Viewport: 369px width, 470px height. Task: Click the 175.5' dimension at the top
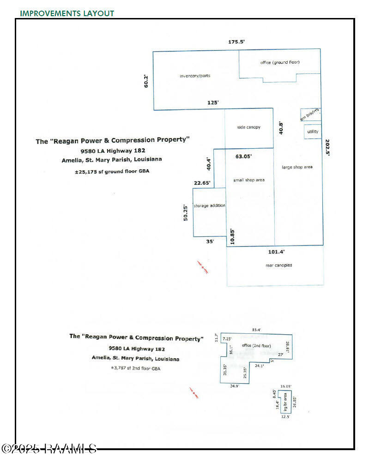pos(236,42)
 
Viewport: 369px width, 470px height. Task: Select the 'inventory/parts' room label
pos(195,76)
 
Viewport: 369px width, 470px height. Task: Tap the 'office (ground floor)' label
pos(280,62)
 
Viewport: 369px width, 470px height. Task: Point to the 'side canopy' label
pos(248,127)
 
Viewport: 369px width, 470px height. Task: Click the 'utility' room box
pos(313,132)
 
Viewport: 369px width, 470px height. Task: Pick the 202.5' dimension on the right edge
pos(327,147)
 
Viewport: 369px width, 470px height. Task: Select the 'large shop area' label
pos(297,167)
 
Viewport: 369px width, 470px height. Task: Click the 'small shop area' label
pos(248,180)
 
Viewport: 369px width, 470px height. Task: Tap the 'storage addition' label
pos(209,205)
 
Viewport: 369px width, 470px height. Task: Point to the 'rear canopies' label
pos(278,265)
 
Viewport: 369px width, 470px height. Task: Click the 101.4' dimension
pos(276,252)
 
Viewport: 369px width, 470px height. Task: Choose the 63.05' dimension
pos(243,157)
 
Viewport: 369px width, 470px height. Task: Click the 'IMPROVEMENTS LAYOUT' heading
pos(67,13)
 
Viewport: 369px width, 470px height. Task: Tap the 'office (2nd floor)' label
pos(256,346)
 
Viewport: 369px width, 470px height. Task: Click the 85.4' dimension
pos(256,330)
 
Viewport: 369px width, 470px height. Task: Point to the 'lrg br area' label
pos(285,400)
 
